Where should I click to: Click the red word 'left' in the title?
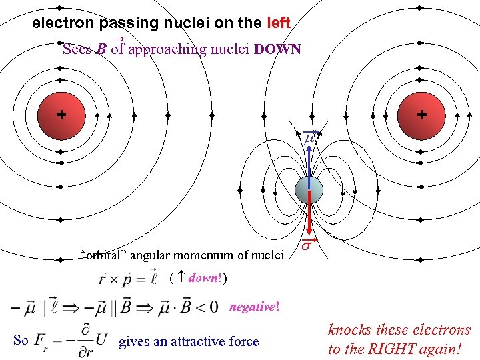278,23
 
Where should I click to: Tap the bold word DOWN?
278,49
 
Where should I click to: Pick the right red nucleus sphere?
421,115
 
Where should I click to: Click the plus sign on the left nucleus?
61,115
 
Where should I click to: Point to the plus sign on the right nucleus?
422,115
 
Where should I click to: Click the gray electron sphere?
309,191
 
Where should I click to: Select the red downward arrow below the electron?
309,217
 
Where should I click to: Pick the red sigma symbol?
308,247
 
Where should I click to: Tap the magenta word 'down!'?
204,277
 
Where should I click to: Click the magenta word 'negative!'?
255,307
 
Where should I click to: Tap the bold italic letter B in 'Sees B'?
101,50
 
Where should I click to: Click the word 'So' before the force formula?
21,340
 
